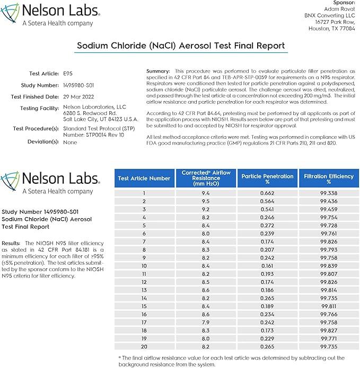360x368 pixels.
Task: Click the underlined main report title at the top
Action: click(181, 46)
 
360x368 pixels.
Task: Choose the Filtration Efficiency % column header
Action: click(329, 178)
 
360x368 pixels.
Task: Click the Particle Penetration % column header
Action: click(267, 178)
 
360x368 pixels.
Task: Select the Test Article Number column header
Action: click(144, 178)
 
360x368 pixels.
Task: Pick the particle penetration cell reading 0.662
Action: click(267, 193)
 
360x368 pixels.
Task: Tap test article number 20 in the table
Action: click(144, 345)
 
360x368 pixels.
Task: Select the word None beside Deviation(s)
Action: click(70, 142)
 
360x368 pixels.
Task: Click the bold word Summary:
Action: click(157, 71)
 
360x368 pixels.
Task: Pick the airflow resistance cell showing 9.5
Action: click(205, 201)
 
